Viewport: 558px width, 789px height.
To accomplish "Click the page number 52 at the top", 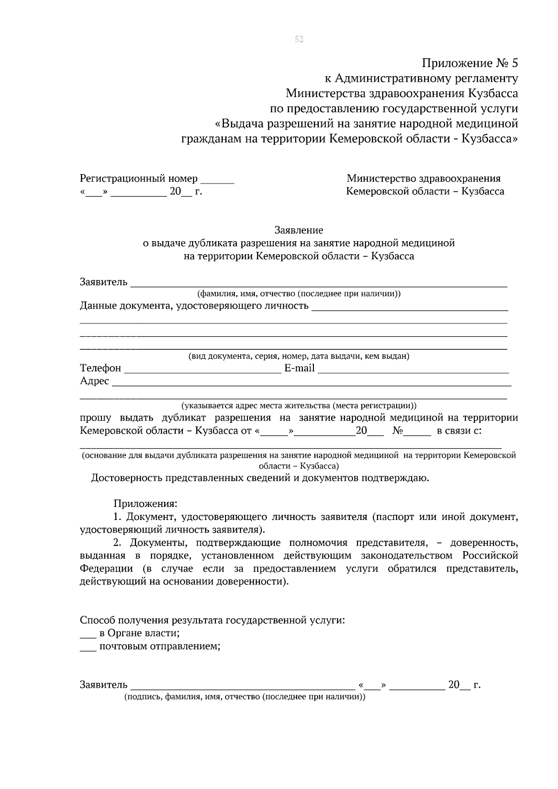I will (x=299, y=40).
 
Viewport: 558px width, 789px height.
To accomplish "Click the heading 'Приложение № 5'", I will (x=470, y=63).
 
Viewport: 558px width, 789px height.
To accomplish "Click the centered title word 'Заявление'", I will (x=299, y=230).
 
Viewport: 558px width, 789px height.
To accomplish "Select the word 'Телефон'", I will (x=100, y=368).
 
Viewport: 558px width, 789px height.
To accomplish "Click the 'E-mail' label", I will (x=299, y=368).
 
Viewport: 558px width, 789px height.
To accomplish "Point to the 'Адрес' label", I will (x=94, y=381).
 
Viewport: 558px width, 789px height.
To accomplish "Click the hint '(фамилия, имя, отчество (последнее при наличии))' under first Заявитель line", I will (x=299, y=294).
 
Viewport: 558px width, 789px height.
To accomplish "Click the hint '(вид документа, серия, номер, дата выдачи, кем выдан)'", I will (x=299, y=356).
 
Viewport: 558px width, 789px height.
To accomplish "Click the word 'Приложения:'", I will (x=146, y=504).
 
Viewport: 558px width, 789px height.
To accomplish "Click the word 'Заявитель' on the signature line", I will (x=104, y=685).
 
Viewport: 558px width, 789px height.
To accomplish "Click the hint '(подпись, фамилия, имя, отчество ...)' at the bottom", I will (x=245, y=697).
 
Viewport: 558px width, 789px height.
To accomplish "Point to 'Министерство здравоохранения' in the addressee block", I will (x=424, y=178).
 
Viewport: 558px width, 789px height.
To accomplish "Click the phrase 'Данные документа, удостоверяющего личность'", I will (x=194, y=306).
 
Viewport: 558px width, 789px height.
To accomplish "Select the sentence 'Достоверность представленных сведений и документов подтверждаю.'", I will (x=260, y=478).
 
